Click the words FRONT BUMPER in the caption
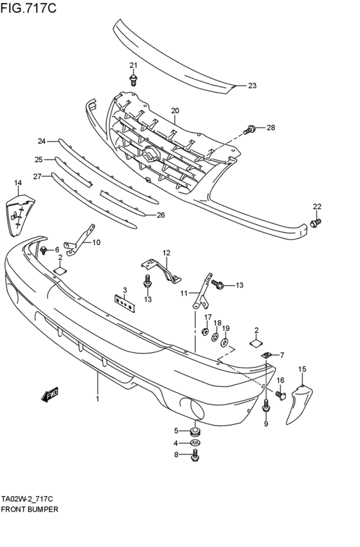(x=30, y=508)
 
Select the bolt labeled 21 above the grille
(x=133, y=80)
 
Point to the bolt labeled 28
(x=250, y=130)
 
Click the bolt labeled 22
(x=314, y=222)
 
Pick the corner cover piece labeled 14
(x=17, y=211)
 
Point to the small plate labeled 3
(x=125, y=302)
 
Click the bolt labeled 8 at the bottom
(x=196, y=456)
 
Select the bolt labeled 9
(x=266, y=406)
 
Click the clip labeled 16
(x=280, y=395)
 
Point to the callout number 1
(x=98, y=399)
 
